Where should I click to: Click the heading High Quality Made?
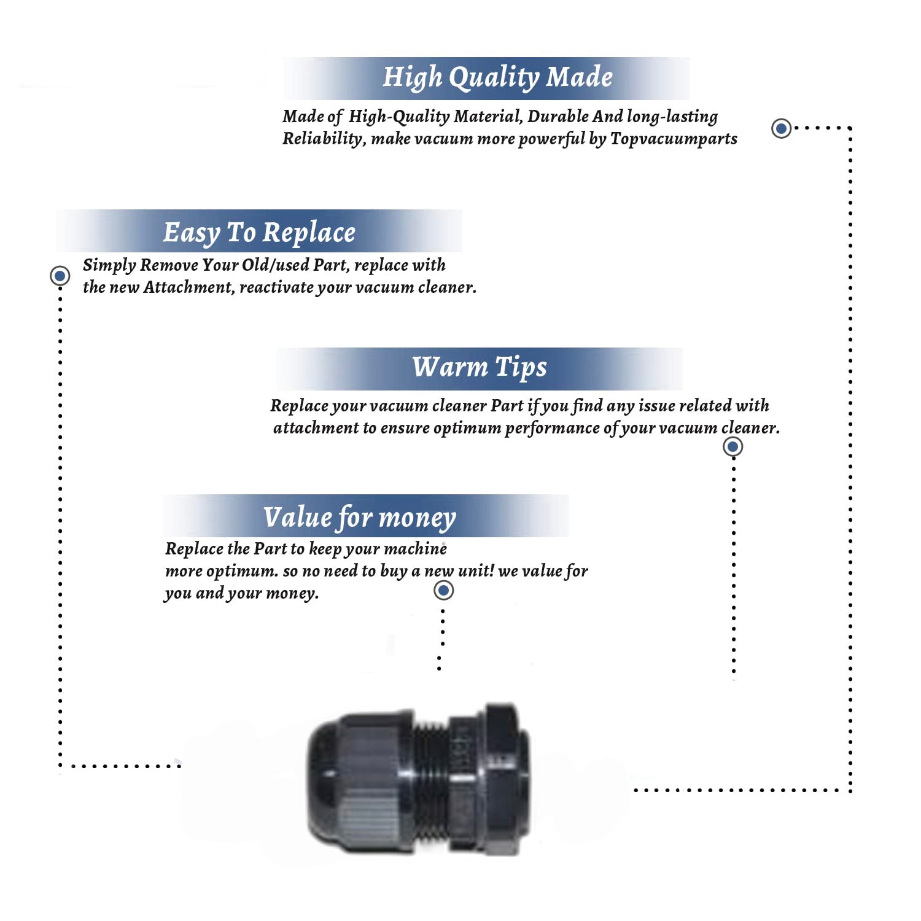tap(497, 78)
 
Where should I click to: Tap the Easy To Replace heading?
tap(259, 233)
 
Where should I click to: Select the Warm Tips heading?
tap(479, 367)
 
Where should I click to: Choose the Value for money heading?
tap(360, 517)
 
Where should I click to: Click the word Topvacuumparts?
tap(674, 139)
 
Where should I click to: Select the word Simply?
tap(109, 265)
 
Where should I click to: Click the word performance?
tap(551, 428)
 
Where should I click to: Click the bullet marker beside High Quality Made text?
tap(781, 128)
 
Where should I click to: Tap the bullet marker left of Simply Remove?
tap(60, 276)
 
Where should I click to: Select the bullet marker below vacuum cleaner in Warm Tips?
tap(733, 446)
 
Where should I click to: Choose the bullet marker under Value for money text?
tap(443, 591)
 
